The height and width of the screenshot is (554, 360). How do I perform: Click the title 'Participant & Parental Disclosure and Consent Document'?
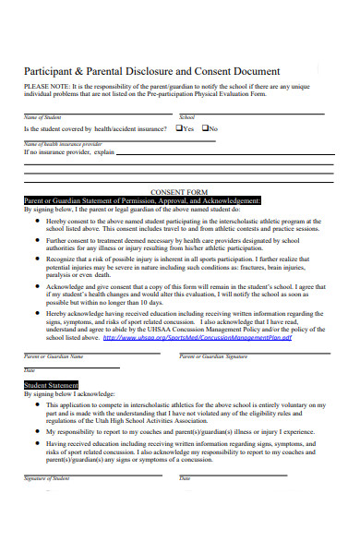151,71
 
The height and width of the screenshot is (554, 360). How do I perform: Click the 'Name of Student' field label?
41,118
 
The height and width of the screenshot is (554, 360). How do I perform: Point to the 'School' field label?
186,118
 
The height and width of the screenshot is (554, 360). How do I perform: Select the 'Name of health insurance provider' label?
63,144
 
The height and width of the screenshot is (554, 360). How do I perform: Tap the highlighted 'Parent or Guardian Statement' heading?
141,199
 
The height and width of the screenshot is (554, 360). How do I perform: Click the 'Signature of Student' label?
47,478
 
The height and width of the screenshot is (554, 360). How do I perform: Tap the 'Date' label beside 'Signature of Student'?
185,478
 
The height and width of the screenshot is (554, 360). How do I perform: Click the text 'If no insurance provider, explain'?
69,151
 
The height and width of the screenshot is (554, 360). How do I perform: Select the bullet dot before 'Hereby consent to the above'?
35,222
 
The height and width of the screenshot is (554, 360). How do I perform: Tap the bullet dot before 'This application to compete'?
35,405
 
